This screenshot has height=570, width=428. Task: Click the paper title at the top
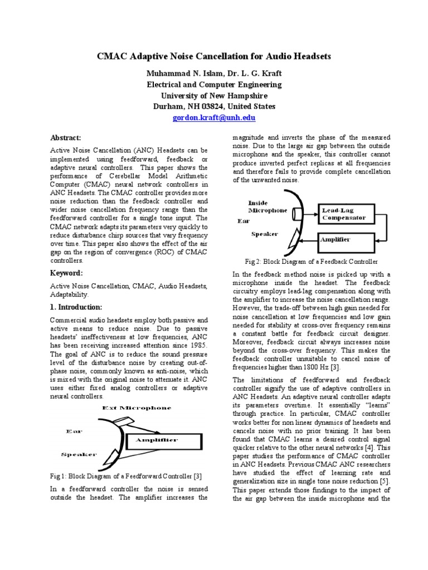click(x=214, y=57)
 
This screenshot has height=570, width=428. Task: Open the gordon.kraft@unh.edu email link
click(x=214, y=119)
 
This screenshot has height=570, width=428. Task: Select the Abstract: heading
click(x=66, y=137)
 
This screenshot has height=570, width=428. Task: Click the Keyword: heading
click(x=66, y=273)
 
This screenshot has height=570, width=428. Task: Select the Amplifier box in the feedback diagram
click(x=344, y=241)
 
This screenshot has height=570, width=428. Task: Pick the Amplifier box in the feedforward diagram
click(x=155, y=440)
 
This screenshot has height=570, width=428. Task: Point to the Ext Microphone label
click(x=137, y=408)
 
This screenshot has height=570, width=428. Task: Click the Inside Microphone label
click(x=267, y=207)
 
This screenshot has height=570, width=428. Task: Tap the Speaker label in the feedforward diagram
click(x=79, y=455)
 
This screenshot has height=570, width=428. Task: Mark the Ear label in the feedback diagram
click(x=244, y=221)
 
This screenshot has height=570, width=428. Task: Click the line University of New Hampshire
click(x=214, y=95)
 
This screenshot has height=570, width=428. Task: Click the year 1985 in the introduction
click(x=198, y=353)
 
